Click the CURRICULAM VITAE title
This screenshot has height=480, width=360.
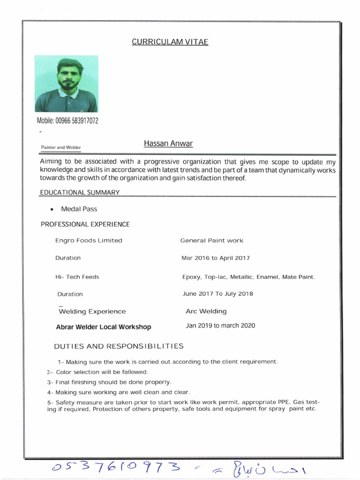click(x=170, y=42)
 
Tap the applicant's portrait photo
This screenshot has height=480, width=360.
click(x=67, y=83)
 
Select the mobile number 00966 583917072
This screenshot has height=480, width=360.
click(x=67, y=121)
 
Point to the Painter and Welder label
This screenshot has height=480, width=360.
click(x=61, y=147)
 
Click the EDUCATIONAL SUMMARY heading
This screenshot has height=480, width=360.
click(x=79, y=192)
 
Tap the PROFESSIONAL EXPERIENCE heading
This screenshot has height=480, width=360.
click(x=85, y=225)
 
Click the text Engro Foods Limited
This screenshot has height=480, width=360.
click(x=89, y=240)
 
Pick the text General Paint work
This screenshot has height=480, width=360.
click(x=212, y=240)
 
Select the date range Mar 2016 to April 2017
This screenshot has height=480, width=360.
click(x=216, y=258)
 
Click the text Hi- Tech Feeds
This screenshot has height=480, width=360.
click(x=77, y=277)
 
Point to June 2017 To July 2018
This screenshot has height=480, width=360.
click(x=217, y=294)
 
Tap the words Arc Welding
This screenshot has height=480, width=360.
click(x=206, y=311)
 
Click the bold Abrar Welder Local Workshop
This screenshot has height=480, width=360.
click(x=104, y=327)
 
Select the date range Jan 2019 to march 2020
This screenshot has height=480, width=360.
click(x=220, y=325)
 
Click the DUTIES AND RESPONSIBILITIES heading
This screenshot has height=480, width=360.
click(x=119, y=346)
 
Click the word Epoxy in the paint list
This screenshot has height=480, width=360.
click(x=191, y=277)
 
